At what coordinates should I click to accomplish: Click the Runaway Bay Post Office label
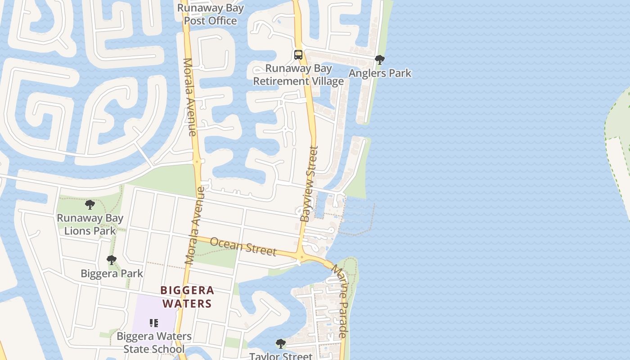pyautogui.click(x=211, y=14)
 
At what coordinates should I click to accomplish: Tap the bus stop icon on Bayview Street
pyautogui.click(x=298, y=55)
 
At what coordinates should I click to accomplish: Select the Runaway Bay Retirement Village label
pyautogui.click(x=298, y=75)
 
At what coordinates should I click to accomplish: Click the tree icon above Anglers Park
pyautogui.click(x=380, y=59)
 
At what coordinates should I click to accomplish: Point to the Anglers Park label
pyautogui.click(x=380, y=73)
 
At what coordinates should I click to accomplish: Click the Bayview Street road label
pyautogui.click(x=309, y=184)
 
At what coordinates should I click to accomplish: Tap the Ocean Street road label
pyautogui.click(x=243, y=246)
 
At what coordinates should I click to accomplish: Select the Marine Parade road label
pyautogui.click(x=340, y=301)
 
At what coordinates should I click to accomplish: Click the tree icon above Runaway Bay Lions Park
pyautogui.click(x=90, y=205)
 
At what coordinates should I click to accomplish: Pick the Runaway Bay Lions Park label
pyautogui.click(x=90, y=225)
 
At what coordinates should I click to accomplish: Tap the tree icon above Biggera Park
pyautogui.click(x=112, y=260)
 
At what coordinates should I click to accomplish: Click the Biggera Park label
pyautogui.click(x=112, y=273)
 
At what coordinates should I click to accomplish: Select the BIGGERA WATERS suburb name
pyautogui.click(x=187, y=297)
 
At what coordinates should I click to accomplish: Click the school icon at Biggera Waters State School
pyautogui.click(x=154, y=323)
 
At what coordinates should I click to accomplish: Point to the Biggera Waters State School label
pyautogui.click(x=154, y=342)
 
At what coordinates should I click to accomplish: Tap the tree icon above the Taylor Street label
pyautogui.click(x=281, y=344)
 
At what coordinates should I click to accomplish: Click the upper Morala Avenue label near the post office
pyautogui.click(x=189, y=97)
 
